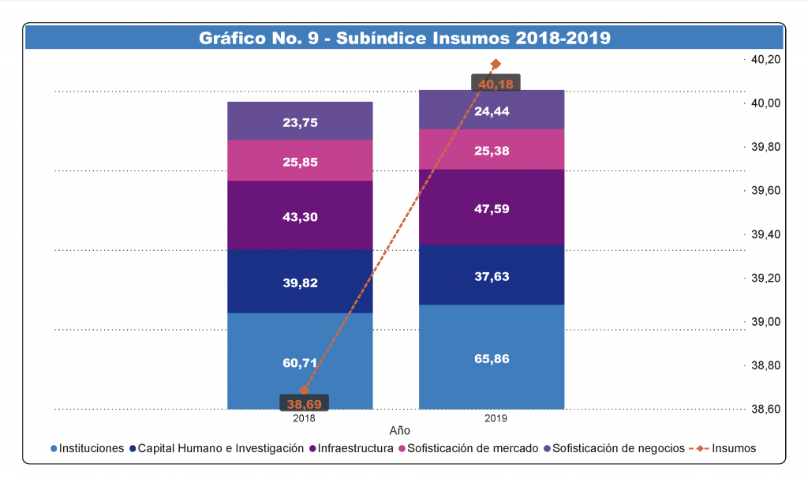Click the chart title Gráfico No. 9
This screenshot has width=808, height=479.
point(404,37)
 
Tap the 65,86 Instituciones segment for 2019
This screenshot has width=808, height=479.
point(491,347)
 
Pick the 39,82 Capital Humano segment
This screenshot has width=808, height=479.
point(300,282)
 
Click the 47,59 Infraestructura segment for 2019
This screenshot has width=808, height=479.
point(491,207)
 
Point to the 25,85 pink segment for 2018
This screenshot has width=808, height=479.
point(300,161)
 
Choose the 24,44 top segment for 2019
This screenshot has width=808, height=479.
point(491,111)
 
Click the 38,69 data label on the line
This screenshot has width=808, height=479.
point(304,403)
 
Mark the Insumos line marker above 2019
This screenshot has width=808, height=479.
point(496,64)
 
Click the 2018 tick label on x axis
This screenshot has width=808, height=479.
point(304,418)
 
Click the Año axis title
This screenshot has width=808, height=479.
point(400,432)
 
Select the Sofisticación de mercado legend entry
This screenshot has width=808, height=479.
point(473,448)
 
